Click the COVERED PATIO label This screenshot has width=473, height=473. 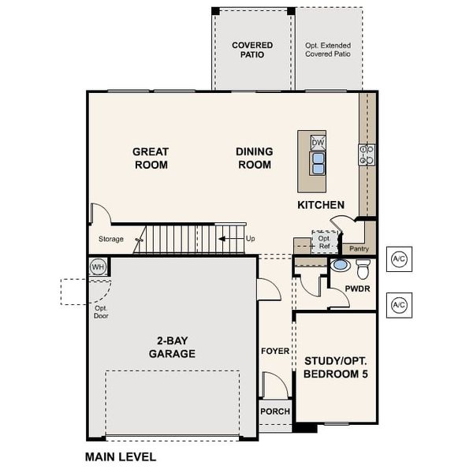coord(252,50)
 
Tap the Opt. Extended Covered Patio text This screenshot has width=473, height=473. coord(328,50)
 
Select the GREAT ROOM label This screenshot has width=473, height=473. coord(150,158)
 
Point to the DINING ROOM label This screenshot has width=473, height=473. coord(254,158)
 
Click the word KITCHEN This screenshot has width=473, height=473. coord(321,205)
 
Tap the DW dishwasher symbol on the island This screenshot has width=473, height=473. coord(318,142)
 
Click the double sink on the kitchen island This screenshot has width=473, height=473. coord(318,162)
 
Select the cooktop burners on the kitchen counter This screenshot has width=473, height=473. coord(367,155)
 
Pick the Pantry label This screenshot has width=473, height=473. coord(359,248)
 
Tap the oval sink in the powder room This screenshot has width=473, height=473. coord(340,266)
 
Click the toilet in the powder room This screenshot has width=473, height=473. coord(363,270)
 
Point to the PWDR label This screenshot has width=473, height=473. coord(357,289)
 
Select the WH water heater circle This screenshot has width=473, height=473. coord(98,266)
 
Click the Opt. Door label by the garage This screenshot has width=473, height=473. coord(100,311)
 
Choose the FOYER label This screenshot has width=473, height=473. coord(275,351)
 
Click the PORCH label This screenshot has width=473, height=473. coord(275,412)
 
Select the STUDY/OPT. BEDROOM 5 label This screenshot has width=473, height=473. coord(336,367)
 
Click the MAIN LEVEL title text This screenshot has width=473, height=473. coord(120,456)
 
